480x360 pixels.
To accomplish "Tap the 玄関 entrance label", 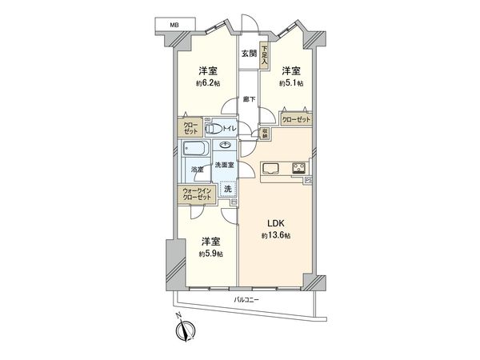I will point(248,54).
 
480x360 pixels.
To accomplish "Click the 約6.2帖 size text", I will point(206,82).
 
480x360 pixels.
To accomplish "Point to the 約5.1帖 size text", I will point(290,82).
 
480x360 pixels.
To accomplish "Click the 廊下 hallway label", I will point(249,99).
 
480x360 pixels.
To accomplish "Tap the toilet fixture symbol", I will point(212,128).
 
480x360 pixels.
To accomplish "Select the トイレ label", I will point(228,128).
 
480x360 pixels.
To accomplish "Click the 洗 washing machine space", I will point(227,191).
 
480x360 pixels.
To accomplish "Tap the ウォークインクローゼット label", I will point(197,194).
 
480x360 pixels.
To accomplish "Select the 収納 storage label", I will point(265,132).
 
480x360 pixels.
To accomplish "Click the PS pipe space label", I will point(310,182).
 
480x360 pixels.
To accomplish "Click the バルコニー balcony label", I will point(246,300).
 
